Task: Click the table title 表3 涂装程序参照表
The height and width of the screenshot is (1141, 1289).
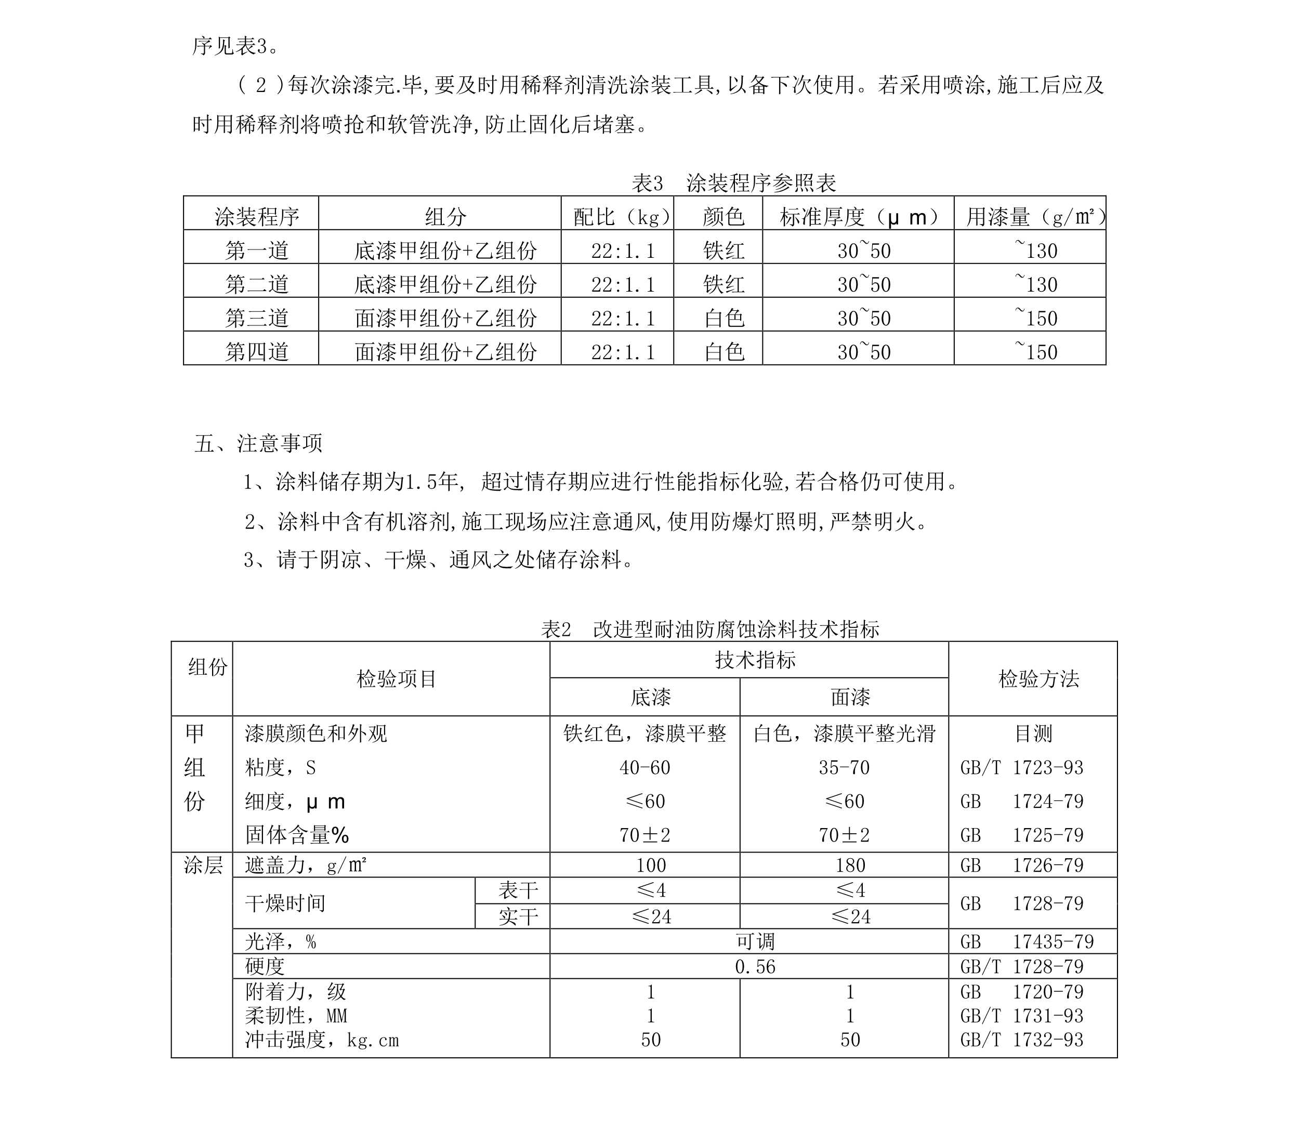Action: pos(733,183)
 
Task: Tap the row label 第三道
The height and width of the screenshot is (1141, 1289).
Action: pos(257,318)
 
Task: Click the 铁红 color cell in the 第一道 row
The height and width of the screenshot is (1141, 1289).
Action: pos(724,251)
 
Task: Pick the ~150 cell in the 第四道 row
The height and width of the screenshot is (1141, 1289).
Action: pos(1035,351)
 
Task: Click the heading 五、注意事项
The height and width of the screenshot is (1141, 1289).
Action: pos(258,443)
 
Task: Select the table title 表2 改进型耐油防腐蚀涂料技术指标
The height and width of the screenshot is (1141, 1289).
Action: pos(710,629)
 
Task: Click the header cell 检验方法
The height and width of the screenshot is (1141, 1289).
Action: pos(1038,679)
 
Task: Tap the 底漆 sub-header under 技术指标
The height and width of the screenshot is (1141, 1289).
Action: pos(650,697)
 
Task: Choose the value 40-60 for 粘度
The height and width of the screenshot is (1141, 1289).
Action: pos(644,768)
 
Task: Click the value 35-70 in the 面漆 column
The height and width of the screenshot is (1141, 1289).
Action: pos(844,768)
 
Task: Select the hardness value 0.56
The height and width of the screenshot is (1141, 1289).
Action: pos(755,967)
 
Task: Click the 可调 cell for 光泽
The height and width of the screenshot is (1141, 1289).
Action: pos(755,942)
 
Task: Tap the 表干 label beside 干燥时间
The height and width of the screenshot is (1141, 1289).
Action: pos(518,890)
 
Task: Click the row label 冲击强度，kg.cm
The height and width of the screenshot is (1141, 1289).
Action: pos(322,1040)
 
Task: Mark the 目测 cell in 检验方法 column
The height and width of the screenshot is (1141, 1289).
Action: pos(1033,733)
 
